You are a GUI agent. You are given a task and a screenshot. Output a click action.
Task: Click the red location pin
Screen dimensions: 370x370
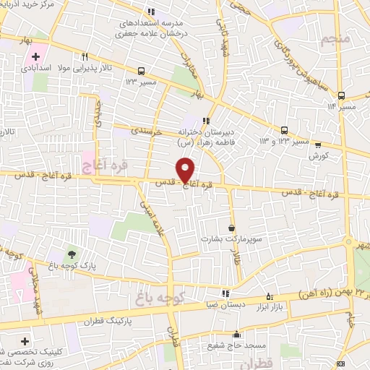click(186, 170)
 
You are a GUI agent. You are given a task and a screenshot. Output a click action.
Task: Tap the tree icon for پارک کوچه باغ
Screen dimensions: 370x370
click(72, 254)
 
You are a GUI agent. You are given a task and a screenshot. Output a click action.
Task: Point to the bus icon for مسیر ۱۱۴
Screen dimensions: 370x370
click(341, 95)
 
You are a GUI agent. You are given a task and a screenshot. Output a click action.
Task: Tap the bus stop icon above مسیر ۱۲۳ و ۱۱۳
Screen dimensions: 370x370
click(284, 131)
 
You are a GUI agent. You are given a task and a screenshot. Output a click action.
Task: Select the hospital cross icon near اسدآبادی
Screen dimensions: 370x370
click(35, 56)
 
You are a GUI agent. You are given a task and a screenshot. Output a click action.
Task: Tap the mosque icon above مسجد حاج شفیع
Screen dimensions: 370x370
click(236, 335)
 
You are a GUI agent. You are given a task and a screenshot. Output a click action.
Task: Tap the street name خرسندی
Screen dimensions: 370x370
click(147, 133)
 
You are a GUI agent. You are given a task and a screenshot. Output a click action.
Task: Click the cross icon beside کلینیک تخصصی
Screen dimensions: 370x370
click(26, 340)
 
